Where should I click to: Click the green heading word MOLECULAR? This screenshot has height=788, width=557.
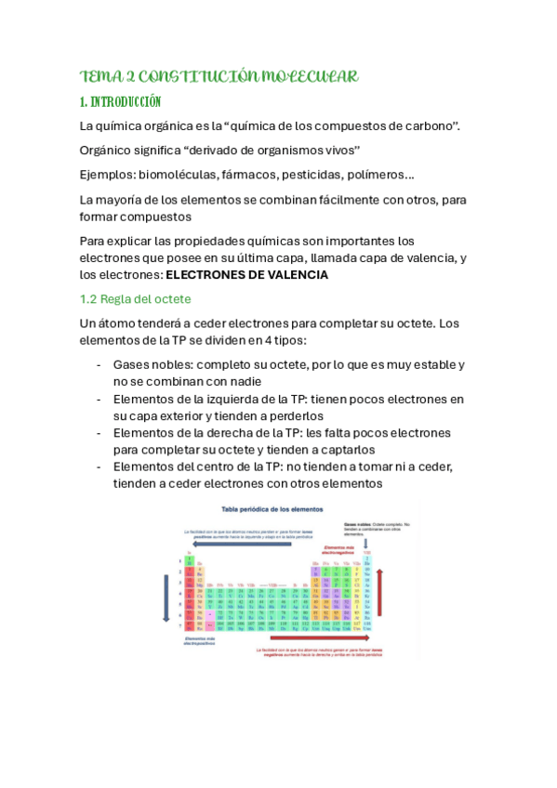click(306, 76)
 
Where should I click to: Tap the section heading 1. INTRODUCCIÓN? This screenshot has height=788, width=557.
click(121, 101)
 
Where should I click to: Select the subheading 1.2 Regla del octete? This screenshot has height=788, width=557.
click(136, 299)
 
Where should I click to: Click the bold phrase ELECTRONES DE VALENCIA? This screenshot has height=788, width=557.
click(246, 275)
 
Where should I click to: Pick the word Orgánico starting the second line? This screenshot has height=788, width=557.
click(111, 151)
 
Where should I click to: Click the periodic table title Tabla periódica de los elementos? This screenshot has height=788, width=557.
click(272, 510)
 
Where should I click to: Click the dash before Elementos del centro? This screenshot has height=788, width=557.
click(99, 467)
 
